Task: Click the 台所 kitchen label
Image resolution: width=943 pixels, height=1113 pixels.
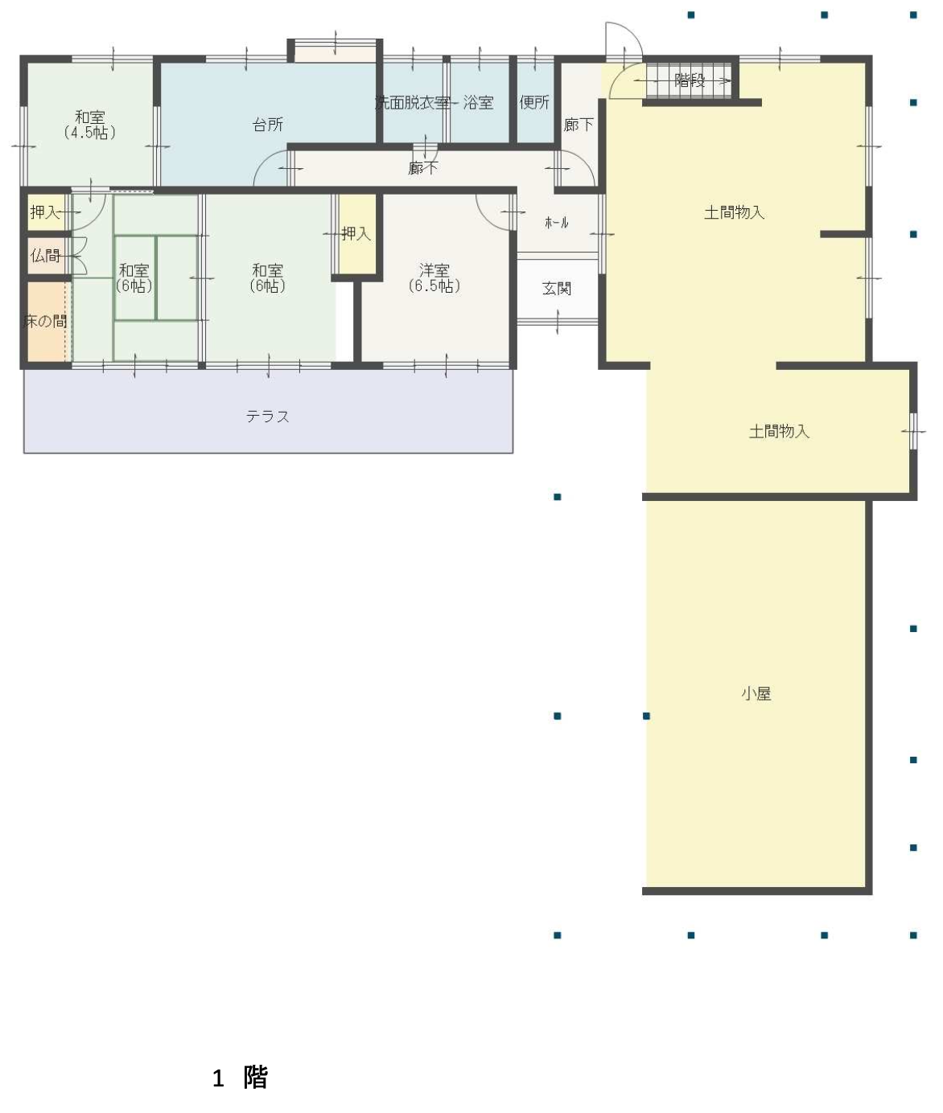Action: click(268, 125)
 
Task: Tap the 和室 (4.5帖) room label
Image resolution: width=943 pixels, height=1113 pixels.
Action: click(89, 125)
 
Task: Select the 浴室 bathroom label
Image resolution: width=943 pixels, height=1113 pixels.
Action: click(479, 102)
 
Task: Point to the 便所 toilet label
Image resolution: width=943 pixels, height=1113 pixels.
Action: click(534, 102)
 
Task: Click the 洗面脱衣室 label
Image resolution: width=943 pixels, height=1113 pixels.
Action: click(412, 102)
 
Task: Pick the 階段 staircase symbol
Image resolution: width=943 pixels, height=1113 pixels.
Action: click(690, 81)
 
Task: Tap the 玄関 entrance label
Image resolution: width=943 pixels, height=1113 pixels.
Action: click(557, 289)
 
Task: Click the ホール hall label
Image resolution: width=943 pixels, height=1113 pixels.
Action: click(557, 223)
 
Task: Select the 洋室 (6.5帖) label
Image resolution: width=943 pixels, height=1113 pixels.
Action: click(434, 277)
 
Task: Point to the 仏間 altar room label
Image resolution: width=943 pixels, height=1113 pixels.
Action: click(45, 255)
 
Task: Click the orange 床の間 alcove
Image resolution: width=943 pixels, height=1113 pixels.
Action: click(46, 322)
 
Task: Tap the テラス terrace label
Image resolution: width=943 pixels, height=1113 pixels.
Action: click(268, 417)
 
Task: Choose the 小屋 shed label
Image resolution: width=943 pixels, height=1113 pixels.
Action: click(756, 693)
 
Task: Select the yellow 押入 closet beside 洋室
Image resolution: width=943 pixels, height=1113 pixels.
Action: click(357, 234)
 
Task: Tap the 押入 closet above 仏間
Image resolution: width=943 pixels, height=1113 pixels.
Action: click(46, 212)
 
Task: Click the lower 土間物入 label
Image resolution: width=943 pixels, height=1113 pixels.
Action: click(779, 431)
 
